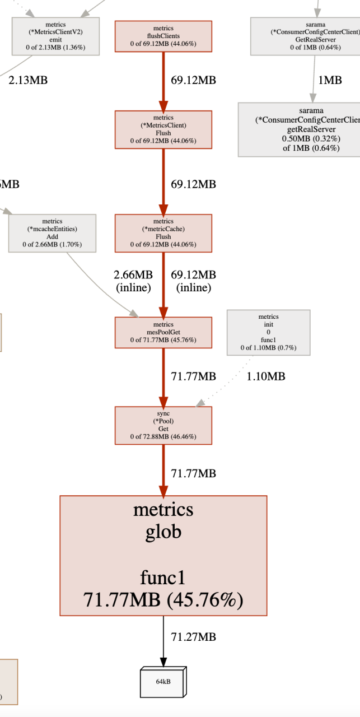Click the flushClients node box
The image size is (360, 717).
(x=163, y=36)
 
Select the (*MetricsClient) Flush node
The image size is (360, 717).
(x=163, y=129)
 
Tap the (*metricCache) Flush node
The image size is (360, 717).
(x=163, y=233)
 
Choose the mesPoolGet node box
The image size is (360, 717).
(x=163, y=332)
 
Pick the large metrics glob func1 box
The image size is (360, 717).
(x=163, y=556)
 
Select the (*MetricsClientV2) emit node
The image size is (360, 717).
(x=56, y=36)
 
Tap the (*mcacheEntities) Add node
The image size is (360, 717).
(x=53, y=233)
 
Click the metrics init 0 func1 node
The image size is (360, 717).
(x=268, y=332)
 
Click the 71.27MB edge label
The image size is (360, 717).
(x=193, y=637)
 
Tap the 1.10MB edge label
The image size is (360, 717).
(x=266, y=376)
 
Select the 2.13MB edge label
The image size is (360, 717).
(x=28, y=80)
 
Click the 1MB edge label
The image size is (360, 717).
(x=330, y=80)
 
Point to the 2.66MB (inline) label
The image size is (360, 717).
(x=133, y=281)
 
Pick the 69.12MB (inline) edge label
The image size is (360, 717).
(x=193, y=281)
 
